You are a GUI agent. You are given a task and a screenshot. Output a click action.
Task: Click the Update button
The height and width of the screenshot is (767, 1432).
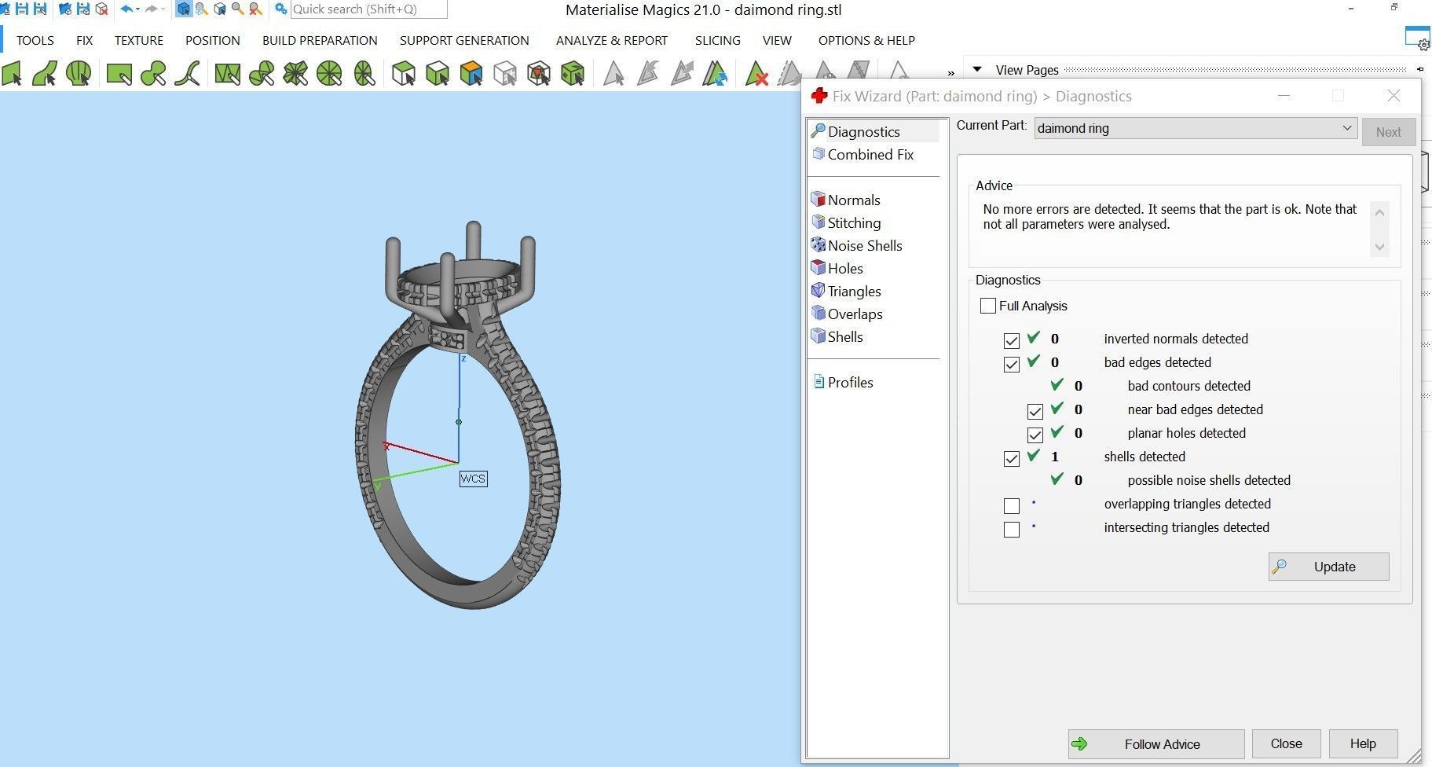click(1328, 567)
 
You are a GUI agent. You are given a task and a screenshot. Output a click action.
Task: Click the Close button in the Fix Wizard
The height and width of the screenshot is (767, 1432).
click(1286, 743)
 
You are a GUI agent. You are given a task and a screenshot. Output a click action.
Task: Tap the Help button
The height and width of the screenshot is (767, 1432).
click(1362, 743)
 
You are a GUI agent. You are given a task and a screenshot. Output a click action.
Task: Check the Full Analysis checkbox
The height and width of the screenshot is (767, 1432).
click(988, 306)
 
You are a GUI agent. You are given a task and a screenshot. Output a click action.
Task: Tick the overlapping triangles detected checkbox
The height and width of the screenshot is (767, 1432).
click(1012, 505)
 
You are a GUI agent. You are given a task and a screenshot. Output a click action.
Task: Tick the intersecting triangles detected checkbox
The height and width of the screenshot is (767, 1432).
click(1012, 529)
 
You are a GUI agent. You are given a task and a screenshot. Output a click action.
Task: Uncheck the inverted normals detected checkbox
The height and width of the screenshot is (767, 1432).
click(1012, 340)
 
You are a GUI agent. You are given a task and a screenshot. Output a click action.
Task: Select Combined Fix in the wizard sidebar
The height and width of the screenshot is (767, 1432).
click(870, 155)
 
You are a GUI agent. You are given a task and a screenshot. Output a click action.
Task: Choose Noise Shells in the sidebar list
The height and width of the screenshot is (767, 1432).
click(864, 246)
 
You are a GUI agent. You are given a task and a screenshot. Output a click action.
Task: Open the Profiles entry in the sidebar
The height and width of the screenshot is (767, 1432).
click(850, 383)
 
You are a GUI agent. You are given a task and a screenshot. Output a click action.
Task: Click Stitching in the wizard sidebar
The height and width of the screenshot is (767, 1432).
click(853, 223)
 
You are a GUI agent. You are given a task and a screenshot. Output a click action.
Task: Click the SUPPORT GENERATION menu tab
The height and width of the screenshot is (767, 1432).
click(464, 41)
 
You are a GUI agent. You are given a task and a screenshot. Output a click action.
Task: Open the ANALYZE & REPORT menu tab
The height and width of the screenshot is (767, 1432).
click(612, 41)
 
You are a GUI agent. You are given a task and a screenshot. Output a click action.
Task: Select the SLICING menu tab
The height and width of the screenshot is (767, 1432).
click(717, 41)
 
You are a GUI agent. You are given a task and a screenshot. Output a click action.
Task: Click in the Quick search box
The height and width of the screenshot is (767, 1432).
click(368, 9)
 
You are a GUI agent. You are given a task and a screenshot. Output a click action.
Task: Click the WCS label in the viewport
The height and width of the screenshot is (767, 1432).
click(473, 479)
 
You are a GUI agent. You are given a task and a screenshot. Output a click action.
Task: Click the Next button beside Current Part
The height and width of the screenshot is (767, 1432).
click(1388, 132)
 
